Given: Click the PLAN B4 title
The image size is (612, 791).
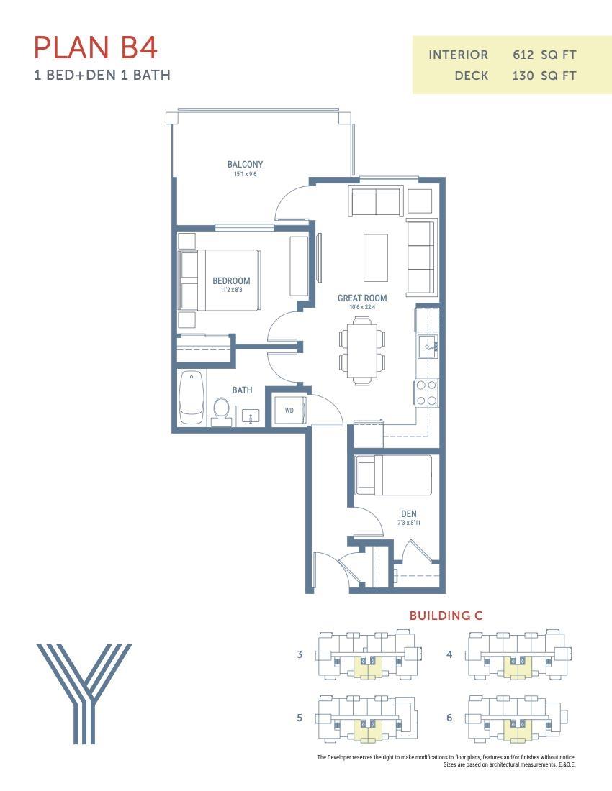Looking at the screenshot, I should [x=96, y=47].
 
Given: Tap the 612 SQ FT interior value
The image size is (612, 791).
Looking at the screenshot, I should [x=544, y=55].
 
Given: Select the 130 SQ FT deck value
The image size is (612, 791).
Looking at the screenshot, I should [x=544, y=76].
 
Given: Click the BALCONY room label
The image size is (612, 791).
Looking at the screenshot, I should [x=245, y=165].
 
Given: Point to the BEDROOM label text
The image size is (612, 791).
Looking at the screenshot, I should [x=231, y=280].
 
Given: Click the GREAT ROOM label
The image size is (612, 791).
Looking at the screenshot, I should [x=362, y=298].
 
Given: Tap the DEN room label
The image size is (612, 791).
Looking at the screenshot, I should [x=408, y=513].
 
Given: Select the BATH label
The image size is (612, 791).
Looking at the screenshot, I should [x=242, y=390].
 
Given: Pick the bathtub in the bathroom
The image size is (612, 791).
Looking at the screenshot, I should [x=192, y=398].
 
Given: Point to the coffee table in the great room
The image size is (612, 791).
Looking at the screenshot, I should [x=374, y=257].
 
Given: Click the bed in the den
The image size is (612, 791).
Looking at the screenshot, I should [x=394, y=475].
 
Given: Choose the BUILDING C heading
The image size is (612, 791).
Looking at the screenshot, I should [x=446, y=616].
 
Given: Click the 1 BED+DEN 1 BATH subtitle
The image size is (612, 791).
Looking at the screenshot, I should [x=102, y=75].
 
